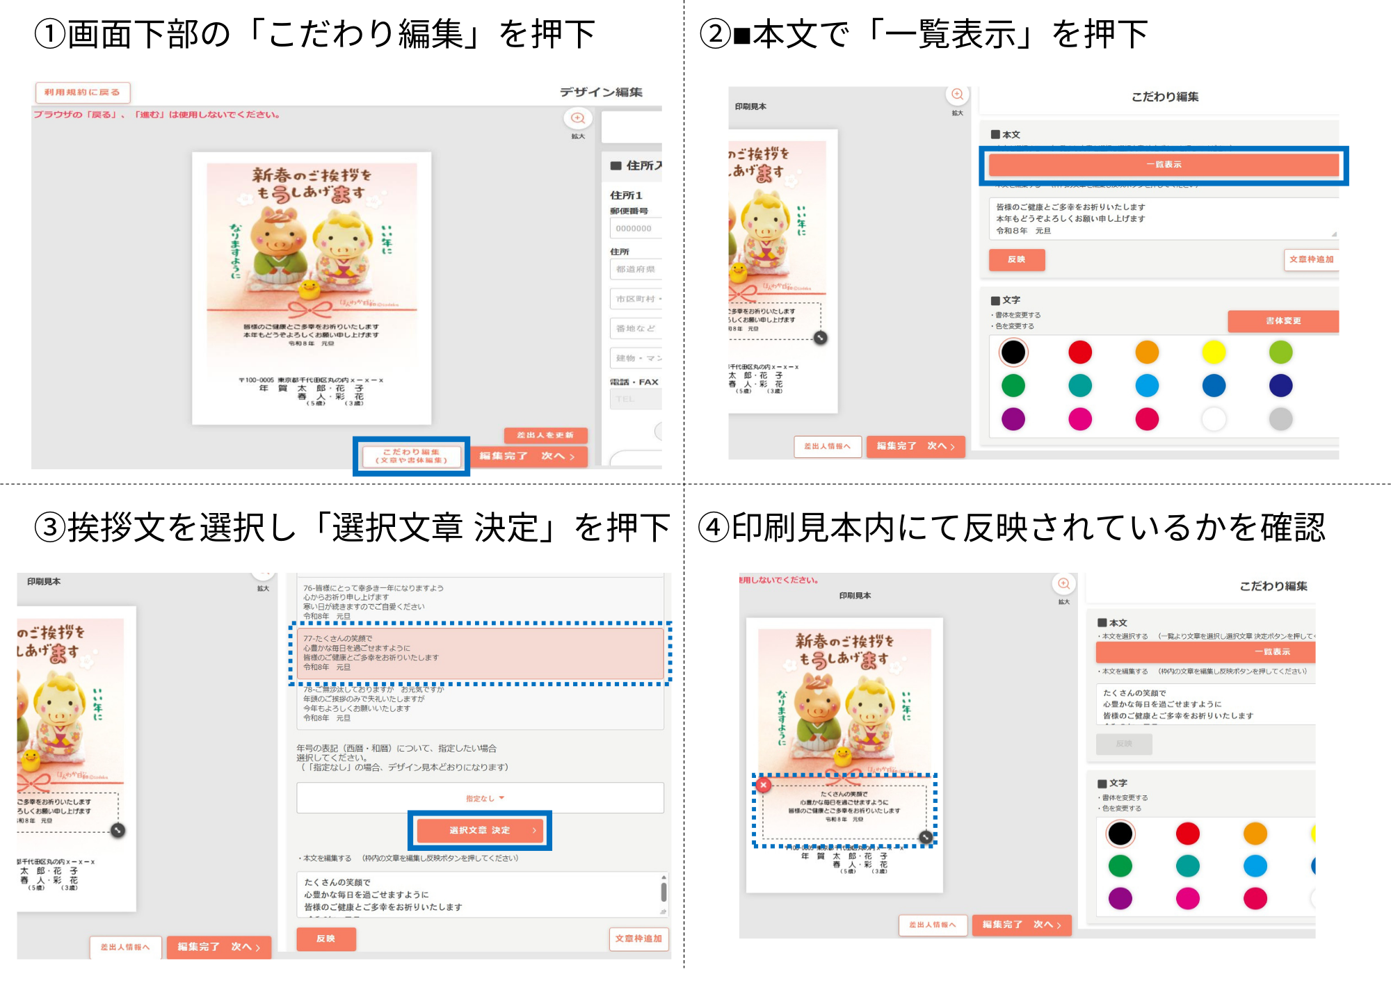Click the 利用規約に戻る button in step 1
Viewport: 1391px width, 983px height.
point(82,92)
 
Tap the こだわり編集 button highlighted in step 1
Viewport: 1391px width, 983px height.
point(411,456)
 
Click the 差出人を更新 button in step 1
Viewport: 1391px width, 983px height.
point(545,435)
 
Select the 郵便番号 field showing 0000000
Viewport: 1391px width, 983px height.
point(635,228)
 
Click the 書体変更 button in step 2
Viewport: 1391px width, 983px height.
point(1283,320)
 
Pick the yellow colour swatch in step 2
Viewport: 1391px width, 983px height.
point(1214,352)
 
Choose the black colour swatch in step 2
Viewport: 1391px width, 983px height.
point(1013,352)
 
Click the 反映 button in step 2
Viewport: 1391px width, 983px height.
point(1016,259)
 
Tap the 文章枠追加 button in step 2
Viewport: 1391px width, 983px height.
point(1311,259)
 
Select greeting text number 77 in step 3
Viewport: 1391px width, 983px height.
point(480,653)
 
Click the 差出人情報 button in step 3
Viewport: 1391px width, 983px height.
point(125,947)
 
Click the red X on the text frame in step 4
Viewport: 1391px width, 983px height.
point(764,785)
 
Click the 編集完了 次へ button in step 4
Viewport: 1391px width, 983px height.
point(1021,925)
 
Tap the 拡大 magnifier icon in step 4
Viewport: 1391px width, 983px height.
point(1063,584)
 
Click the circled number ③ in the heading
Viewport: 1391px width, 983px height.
point(50,528)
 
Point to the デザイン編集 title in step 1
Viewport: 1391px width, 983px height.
point(601,92)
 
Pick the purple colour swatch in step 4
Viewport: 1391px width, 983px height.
point(1120,898)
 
